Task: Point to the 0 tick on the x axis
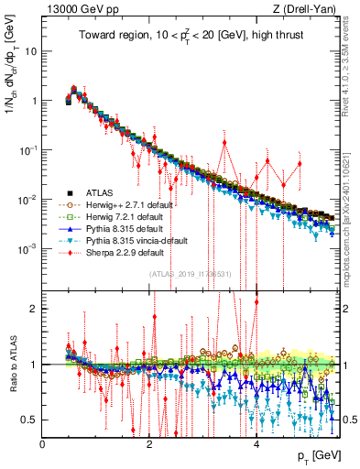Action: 43,442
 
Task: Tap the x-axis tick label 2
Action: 149,442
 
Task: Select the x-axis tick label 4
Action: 256,442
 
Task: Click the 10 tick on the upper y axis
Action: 30,51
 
